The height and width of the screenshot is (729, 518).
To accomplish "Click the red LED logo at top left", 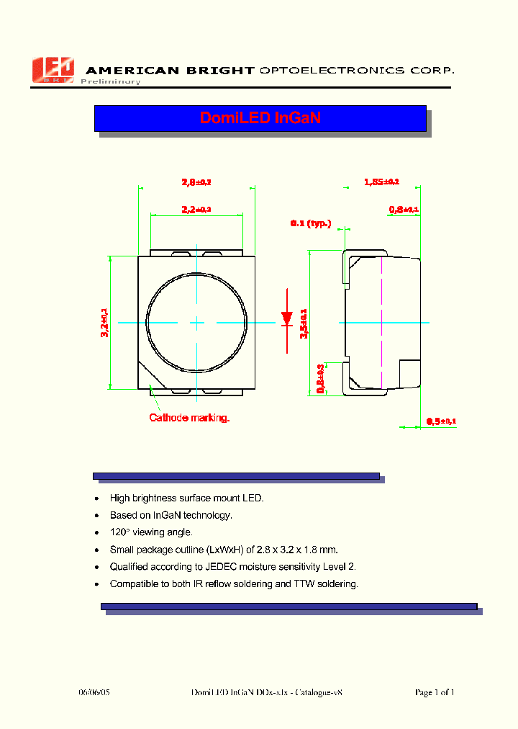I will (x=53, y=70).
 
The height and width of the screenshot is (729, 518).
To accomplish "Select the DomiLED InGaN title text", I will (x=260, y=118).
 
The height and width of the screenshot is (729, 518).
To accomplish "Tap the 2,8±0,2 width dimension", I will (x=196, y=182).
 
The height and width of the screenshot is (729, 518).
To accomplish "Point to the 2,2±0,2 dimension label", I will (x=196, y=210).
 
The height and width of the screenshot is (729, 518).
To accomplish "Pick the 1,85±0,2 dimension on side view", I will (x=381, y=182).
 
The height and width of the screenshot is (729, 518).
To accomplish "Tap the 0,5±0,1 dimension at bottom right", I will (x=441, y=421).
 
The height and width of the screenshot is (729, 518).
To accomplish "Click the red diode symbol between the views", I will (x=286, y=317).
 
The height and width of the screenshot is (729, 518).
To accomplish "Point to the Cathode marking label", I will (x=189, y=418).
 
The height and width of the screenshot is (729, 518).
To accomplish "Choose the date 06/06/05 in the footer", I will (x=94, y=692).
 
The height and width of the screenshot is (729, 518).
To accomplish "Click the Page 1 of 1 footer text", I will (x=435, y=692).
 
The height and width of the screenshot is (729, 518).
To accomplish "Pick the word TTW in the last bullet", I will (x=305, y=584).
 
